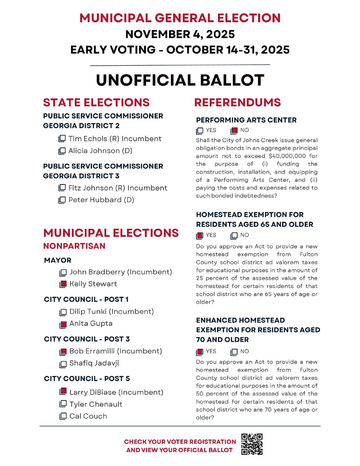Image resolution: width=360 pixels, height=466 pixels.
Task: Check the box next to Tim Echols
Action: pyautogui.click(x=62, y=138)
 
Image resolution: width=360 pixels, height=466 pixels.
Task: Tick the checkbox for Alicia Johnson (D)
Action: pyautogui.click(x=62, y=151)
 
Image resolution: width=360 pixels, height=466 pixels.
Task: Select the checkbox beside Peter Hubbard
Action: pyautogui.click(x=62, y=200)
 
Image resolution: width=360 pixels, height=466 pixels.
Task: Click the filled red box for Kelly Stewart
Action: pyautogui.click(x=63, y=284)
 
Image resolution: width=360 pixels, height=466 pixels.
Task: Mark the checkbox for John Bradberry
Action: pyautogui.click(x=63, y=272)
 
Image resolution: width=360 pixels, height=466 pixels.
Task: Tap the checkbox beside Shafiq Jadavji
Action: pyautogui.click(x=63, y=363)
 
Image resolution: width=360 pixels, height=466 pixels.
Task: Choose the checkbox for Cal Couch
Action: pyautogui.click(x=63, y=416)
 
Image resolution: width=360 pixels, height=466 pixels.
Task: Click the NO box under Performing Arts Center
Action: pyautogui.click(x=234, y=130)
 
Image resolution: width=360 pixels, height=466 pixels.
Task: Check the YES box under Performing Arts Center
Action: pyautogui.click(x=199, y=130)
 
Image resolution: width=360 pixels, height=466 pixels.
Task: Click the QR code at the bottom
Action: pyautogui.click(x=252, y=444)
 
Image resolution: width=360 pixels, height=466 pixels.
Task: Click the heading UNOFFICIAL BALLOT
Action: pyautogui.click(x=180, y=80)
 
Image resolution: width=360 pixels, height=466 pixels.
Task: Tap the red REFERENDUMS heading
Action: pyautogui.click(x=237, y=102)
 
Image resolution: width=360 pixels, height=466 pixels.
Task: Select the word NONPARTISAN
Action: pyautogui.click(x=74, y=246)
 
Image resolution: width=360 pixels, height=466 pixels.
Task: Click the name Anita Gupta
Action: pyautogui.click(x=91, y=323)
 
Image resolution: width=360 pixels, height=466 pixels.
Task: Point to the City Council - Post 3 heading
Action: pyautogui.click(x=87, y=339)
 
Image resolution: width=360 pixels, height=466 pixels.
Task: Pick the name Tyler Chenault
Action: pyautogui.click(x=96, y=404)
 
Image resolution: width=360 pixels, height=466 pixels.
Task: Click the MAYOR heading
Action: pyautogui.click(x=58, y=260)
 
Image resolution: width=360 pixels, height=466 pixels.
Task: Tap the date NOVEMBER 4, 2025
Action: pyautogui.click(x=180, y=34)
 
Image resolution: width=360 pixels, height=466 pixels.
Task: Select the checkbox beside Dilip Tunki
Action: pyautogui.click(x=63, y=312)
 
